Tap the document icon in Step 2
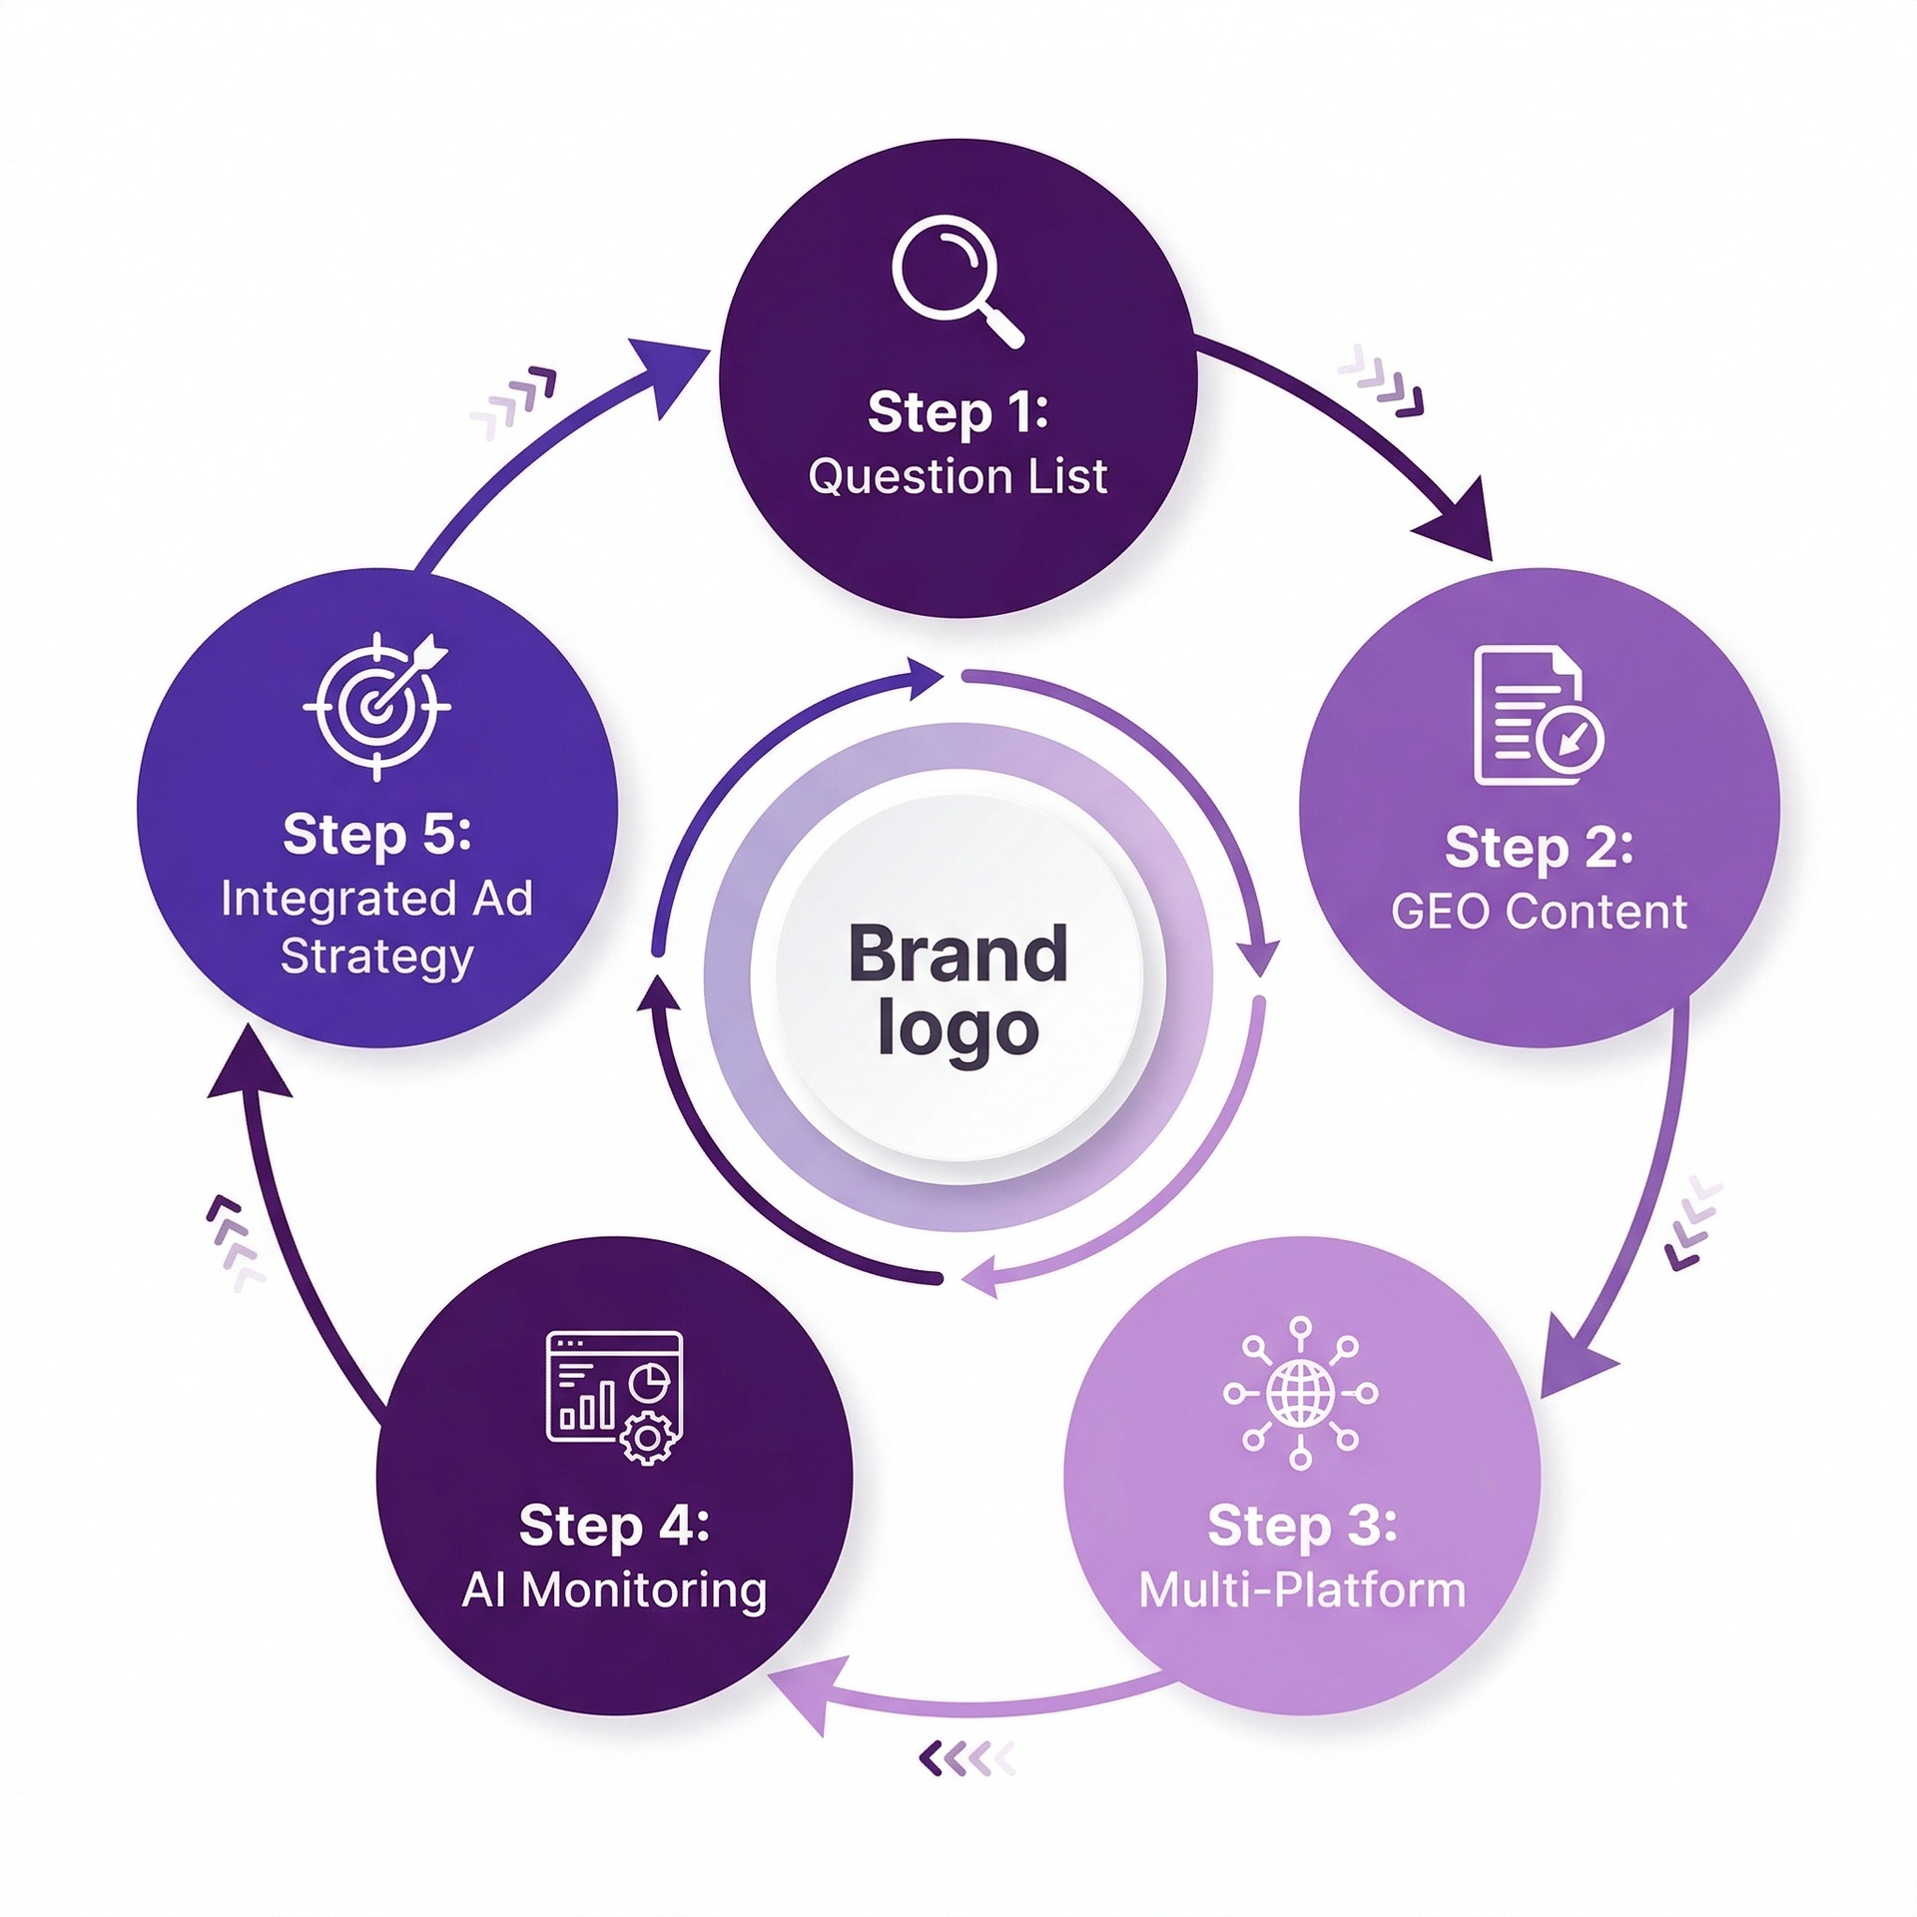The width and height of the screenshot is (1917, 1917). pos(1536,715)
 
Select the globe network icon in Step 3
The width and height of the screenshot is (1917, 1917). pos(1300,1392)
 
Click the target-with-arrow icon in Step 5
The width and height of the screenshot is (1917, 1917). pos(377,705)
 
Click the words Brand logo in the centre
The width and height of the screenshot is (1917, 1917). pos(958,989)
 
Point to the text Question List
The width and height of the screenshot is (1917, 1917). pos(958,476)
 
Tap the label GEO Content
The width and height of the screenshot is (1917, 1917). pos(1539,912)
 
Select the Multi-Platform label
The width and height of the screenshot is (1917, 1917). pos(1301,1591)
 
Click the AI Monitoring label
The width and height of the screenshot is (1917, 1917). pos(614,1591)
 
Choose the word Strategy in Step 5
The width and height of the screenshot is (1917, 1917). pos(376,957)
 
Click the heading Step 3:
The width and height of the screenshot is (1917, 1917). pos(1301,1526)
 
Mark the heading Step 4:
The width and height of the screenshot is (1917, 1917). pos(614,1526)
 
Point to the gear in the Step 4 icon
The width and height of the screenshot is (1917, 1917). pos(648,1439)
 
